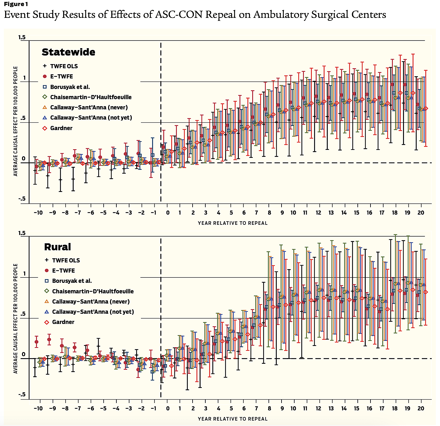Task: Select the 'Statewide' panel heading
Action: (x=68, y=52)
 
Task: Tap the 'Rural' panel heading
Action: (x=57, y=247)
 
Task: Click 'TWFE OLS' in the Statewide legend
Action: (x=64, y=66)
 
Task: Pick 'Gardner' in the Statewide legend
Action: (x=61, y=128)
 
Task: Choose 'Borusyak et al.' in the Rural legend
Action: (x=72, y=281)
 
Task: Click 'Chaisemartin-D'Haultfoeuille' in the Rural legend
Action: (x=93, y=291)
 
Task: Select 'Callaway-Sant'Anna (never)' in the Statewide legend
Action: (x=89, y=107)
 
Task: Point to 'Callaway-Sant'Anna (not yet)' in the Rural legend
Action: (x=93, y=312)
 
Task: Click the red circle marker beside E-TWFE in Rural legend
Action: (x=46, y=271)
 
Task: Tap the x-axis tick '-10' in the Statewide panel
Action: (x=38, y=213)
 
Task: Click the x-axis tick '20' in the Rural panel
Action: (x=421, y=408)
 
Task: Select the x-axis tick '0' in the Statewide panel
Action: (x=168, y=213)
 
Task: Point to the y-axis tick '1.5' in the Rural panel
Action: (x=22, y=233)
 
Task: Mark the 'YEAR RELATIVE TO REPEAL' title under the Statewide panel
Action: (x=232, y=223)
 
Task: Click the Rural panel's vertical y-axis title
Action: (x=15, y=318)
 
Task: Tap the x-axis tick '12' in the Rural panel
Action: (x=319, y=408)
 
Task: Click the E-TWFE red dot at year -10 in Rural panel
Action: (x=36, y=342)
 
